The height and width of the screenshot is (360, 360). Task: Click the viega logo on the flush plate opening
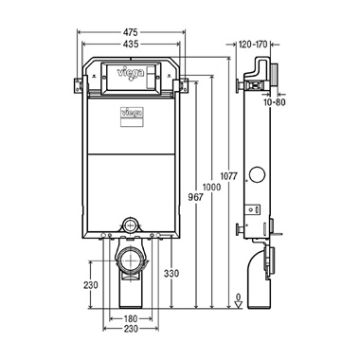[127, 71]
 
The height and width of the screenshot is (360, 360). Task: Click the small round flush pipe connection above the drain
[130, 225]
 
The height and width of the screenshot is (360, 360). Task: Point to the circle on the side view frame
[258, 175]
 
